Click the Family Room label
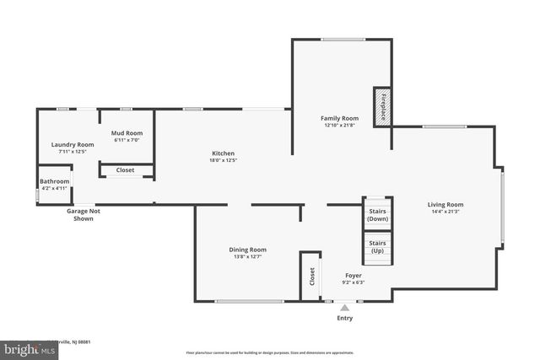(339, 118)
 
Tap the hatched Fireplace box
(381, 106)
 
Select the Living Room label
(445, 204)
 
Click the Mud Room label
(127, 133)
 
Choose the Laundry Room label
(72, 144)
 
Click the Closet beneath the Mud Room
(125, 169)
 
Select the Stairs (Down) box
(377, 213)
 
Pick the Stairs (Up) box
(377, 247)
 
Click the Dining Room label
(248, 249)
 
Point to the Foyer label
(354, 276)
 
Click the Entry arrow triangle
(344, 309)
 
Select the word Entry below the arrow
(345, 319)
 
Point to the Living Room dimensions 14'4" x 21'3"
(445, 212)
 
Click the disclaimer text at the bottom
(269, 352)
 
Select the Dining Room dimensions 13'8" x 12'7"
(248, 256)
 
